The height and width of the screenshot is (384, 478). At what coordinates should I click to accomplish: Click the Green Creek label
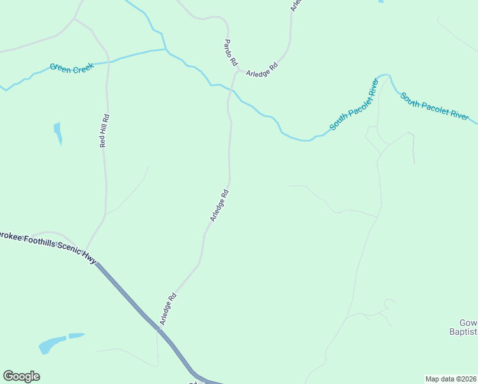click(x=72, y=68)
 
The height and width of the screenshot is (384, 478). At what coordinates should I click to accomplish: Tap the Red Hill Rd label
click(x=105, y=131)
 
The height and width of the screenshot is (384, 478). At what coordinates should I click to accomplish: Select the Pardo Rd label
click(x=230, y=52)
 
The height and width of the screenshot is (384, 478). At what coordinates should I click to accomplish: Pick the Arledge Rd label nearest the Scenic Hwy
click(x=168, y=309)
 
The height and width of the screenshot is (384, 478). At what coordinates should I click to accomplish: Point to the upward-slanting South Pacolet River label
click(x=355, y=105)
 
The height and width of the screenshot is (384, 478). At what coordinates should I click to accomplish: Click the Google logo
click(x=21, y=376)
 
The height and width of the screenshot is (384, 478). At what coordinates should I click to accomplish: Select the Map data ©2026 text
click(x=451, y=378)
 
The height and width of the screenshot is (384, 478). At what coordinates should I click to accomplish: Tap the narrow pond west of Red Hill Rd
click(x=58, y=133)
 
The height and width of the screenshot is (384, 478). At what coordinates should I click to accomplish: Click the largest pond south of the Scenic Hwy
click(x=52, y=344)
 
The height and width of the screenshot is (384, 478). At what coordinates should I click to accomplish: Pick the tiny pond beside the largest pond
click(x=77, y=335)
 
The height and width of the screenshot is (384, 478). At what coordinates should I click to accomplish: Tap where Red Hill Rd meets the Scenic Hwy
click(x=88, y=251)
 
